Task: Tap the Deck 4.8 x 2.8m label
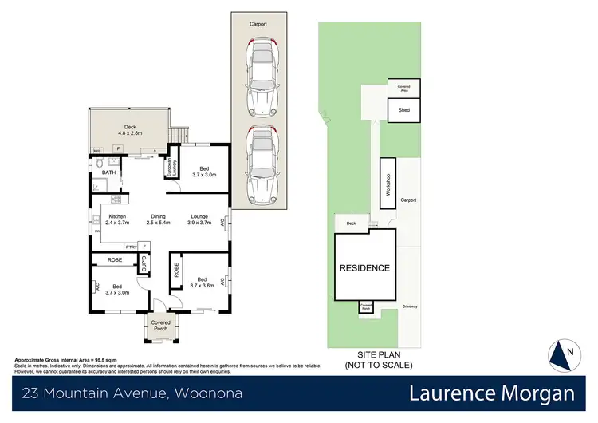129,129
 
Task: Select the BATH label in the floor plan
108,172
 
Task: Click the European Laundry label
169,168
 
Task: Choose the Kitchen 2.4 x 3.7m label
117,219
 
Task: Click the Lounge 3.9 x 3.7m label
199,219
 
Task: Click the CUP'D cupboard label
144,263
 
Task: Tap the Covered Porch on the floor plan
161,325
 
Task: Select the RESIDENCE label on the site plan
365,268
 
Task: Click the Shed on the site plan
404,109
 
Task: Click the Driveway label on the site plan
409,305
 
